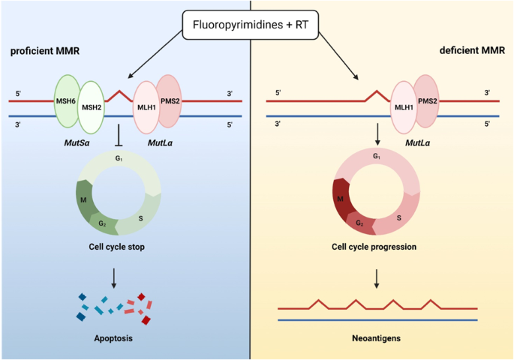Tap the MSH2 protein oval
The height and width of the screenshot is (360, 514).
pos(92,106)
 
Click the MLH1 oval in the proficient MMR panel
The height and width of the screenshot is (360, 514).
pos(147,106)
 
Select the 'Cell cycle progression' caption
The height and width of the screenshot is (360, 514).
pos(377,245)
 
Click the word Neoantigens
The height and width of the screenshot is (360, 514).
pos(377,338)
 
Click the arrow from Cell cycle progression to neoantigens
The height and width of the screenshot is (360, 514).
pos(377,277)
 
